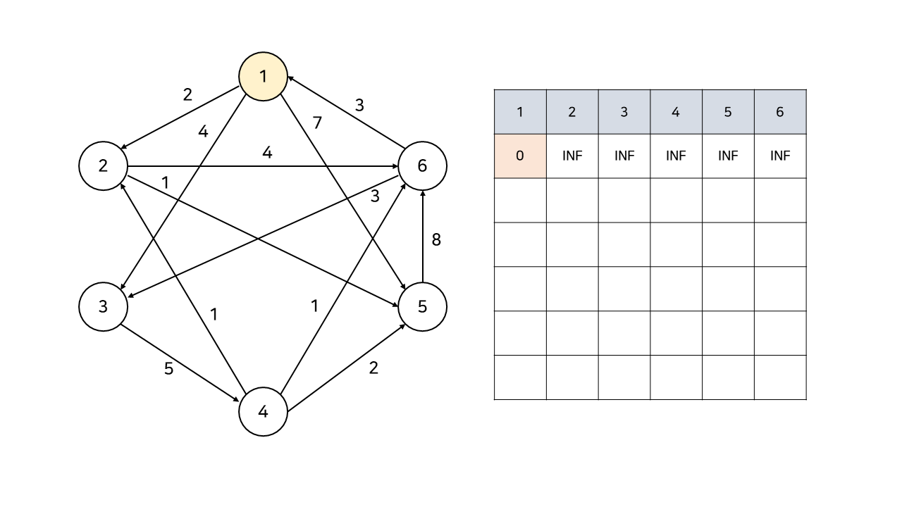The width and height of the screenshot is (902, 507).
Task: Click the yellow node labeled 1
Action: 263,76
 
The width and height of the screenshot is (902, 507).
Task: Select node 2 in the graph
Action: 103,166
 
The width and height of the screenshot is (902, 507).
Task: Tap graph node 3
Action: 103,306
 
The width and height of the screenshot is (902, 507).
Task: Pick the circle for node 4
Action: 263,412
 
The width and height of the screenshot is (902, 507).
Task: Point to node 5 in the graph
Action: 422,306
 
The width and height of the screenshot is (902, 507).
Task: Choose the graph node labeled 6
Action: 422,166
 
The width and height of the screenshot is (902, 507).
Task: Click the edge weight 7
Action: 317,123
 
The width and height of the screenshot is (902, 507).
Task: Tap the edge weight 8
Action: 436,239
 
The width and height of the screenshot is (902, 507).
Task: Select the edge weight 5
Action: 168,368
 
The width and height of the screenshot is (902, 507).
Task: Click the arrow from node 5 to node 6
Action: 422,239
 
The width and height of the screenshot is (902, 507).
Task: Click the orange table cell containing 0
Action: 520,156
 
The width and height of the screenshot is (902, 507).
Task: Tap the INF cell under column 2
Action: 572,156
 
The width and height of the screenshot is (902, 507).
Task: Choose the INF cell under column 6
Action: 780,156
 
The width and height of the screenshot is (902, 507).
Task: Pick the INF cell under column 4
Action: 676,156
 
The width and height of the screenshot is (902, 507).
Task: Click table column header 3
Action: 624,112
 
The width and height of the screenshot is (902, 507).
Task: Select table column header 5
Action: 728,112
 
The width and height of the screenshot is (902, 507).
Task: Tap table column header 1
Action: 520,112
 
